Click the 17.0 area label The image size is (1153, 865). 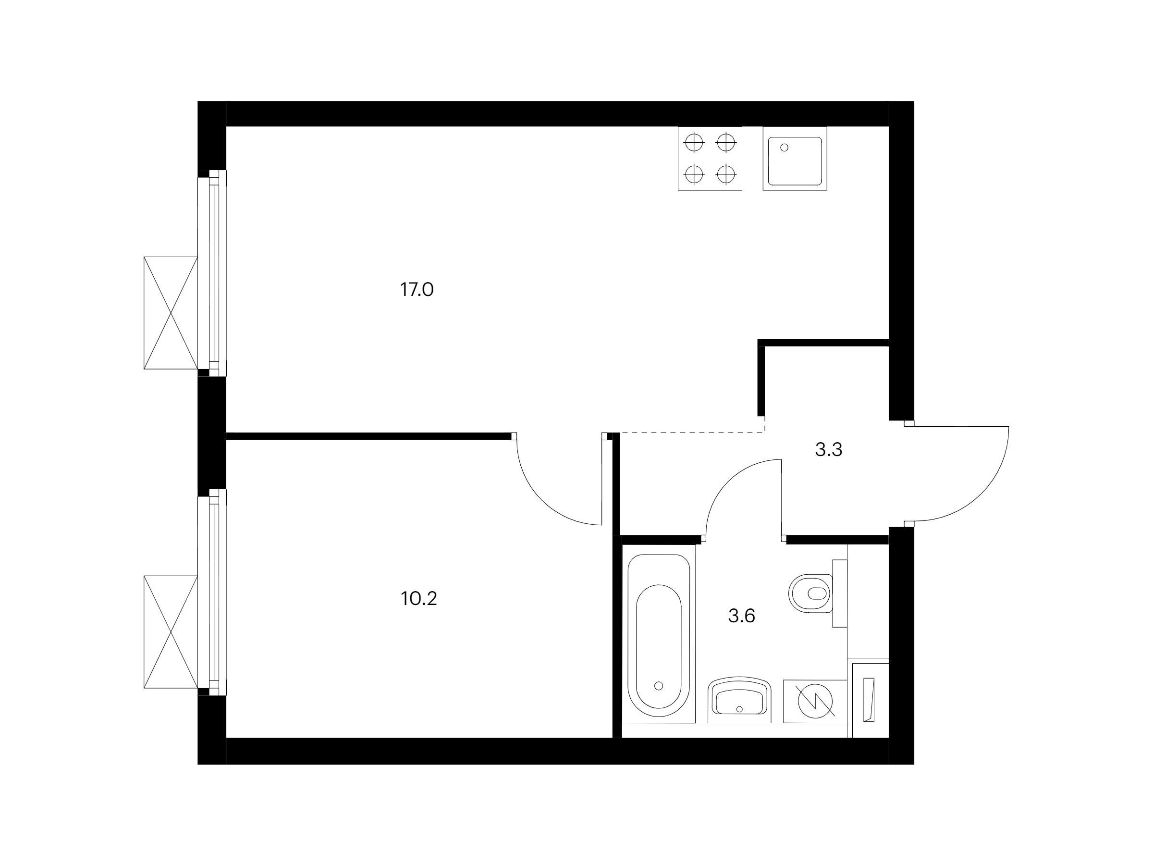click(417, 289)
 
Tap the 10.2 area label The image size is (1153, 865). click(419, 599)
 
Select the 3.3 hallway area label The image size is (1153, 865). click(828, 449)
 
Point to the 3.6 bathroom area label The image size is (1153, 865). click(741, 616)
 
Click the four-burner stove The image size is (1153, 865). click(710, 158)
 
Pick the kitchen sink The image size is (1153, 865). click(795, 158)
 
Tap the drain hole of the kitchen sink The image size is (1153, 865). click(785, 148)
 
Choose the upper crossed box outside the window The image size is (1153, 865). click(171, 313)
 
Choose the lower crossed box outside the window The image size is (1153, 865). click(171, 632)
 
